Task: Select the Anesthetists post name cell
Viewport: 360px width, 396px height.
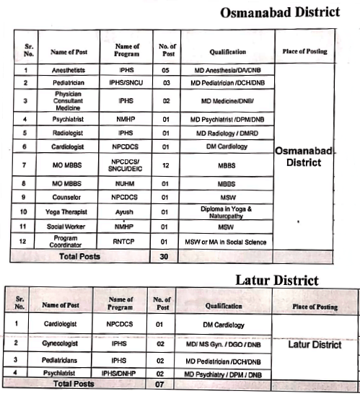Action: coord(71,70)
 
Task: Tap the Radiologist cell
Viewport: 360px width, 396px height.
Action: coord(71,133)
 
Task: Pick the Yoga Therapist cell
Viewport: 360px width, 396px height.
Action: coord(71,211)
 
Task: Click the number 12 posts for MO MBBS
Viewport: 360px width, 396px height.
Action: coord(164,166)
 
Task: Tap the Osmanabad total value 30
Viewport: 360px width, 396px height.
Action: coord(164,256)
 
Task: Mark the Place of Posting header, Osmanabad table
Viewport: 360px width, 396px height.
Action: coord(305,52)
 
